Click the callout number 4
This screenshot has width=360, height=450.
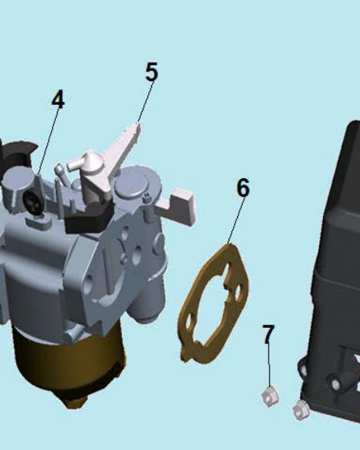pyautogui.click(x=58, y=99)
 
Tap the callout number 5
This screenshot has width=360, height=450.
pyautogui.click(x=152, y=72)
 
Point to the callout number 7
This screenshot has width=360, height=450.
pyautogui.click(x=268, y=334)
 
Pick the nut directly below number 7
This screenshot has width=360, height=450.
pyautogui.click(x=270, y=396)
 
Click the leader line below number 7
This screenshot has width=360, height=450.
pyautogui.click(x=269, y=365)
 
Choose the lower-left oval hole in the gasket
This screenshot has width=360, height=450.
pyautogui.click(x=189, y=322)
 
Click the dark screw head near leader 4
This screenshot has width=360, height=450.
pyautogui.click(x=33, y=202)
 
